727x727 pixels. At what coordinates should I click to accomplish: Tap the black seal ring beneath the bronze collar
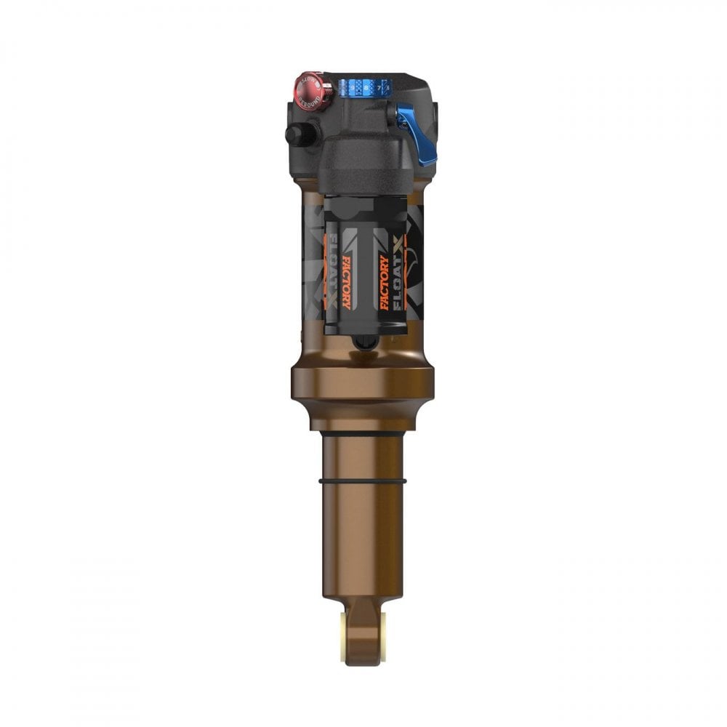coord(361,433)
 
